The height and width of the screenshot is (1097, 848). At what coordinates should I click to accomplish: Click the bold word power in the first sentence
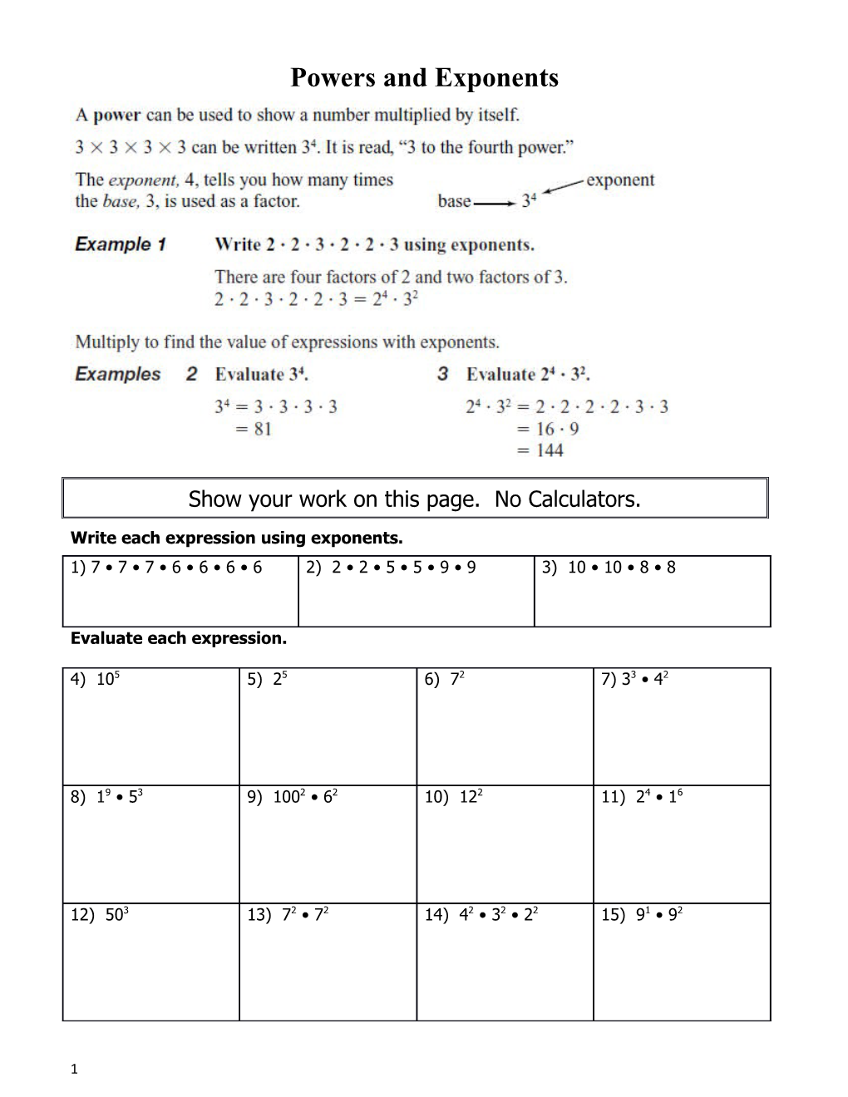[x=116, y=116]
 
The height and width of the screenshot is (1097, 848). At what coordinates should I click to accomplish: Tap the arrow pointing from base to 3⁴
[x=494, y=202]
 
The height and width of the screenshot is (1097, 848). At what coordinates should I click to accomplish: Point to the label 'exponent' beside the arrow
[x=620, y=180]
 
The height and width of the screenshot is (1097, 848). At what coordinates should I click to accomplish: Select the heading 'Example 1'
[x=121, y=244]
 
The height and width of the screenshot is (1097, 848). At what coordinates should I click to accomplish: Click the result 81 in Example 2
[x=263, y=429]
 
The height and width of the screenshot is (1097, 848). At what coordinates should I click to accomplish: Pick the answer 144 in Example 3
[x=550, y=450]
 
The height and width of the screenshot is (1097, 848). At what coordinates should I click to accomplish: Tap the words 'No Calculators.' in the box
[x=567, y=499]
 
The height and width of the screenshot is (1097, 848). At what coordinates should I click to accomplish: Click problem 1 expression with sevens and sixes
[x=166, y=568]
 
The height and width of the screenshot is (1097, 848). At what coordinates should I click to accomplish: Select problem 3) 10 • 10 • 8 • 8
[x=609, y=568]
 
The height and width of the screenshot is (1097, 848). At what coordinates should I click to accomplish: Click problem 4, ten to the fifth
[x=96, y=679]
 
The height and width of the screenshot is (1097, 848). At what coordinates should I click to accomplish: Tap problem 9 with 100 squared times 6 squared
[x=293, y=796]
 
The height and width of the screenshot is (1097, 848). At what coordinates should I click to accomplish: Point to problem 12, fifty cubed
[x=100, y=914]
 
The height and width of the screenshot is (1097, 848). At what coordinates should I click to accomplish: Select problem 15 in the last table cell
[x=643, y=914]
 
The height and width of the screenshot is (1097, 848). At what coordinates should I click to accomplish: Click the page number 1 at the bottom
[x=74, y=1070]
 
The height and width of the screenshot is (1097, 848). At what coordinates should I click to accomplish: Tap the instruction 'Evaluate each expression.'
[x=179, y=638]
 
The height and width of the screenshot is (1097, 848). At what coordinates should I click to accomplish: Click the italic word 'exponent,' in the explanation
[x=143, y=180]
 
